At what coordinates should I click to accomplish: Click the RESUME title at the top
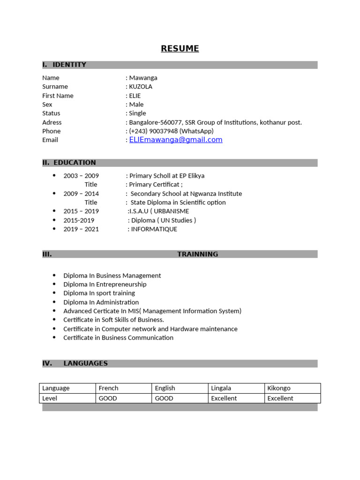click(x=180, y=49)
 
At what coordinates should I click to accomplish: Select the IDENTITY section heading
click(x=69, y=65)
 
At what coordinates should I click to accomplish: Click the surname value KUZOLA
click(x=141, y=87)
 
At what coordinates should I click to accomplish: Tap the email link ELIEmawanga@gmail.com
click(x=176, y=140)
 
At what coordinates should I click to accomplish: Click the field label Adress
click(x=52, y=122)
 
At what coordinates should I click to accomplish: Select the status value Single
click(x=137, y=113)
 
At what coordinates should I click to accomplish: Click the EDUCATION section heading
click(x=75, y=163)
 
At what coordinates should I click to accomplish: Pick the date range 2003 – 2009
click(x=81, y=176)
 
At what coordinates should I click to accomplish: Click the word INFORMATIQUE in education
click(x=154, y=229)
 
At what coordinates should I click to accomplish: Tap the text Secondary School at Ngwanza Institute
click(x=186, y=194)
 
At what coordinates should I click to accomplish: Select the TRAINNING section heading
click(x=197, y=254)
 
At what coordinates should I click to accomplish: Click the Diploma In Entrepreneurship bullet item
click(x=105, y=285)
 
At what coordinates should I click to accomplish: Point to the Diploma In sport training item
click(x=99, y=293)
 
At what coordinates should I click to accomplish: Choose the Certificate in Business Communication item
click(x=118, y=338)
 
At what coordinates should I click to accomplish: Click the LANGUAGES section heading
click(x=85, y=363)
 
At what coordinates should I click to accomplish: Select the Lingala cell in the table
click(x=221, y=388)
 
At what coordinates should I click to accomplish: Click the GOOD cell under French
click(x=108, y=398)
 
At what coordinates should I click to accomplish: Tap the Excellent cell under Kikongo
click(x=280, y=398)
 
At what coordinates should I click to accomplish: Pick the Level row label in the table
click(x=50, y=398)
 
